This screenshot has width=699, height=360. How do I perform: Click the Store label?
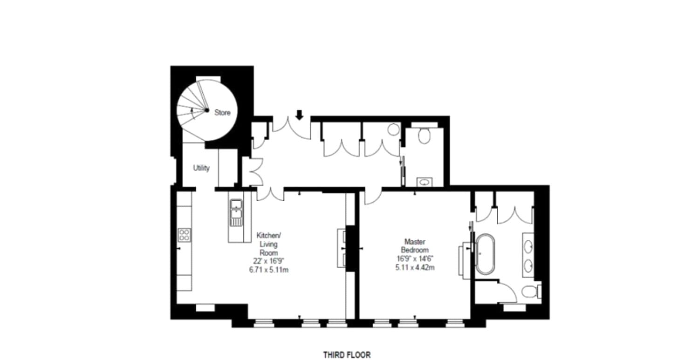[x=222, y=113]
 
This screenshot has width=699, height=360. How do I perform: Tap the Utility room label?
[x=201, y=168]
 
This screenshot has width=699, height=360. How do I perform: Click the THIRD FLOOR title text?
[x=347, y=355]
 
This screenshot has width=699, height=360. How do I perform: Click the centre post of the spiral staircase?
[x=206, y=110]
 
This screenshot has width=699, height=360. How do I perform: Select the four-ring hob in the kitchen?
[x=184, y=234]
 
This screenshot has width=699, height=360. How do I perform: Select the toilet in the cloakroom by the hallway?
[x=424, y=136]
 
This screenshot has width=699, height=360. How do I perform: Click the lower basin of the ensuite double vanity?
[x=528, y=265]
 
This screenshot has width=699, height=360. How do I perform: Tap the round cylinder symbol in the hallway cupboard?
[x=393, y=129]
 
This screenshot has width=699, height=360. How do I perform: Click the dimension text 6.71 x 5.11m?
[x=269, y=270]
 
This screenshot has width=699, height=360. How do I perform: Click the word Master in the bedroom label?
[x=413, y=242]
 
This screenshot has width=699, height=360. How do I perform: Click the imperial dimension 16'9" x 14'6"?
[x=416, y=258]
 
